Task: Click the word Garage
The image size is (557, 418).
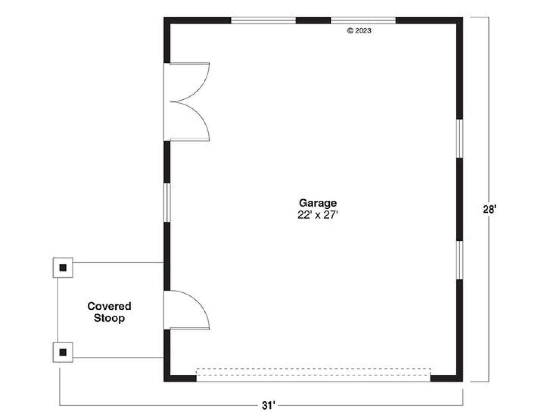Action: [317, 203]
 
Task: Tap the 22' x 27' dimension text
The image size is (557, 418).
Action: [317, 215]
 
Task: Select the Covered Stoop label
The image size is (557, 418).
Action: [109, 312]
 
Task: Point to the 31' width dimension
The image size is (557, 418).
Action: [268, 405]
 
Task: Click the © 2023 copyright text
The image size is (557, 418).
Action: [359, 31]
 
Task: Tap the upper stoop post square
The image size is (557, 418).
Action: [63, 268]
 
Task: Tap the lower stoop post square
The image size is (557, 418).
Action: [63, 352]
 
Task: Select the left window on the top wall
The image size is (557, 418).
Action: [264, 20]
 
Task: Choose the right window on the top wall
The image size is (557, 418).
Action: [363, 20]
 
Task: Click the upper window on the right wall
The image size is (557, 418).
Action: [460, 139]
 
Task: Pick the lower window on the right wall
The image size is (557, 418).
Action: [460, 260]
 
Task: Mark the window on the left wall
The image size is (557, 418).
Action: [167, 202]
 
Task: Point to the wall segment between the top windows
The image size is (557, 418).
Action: [313, 20]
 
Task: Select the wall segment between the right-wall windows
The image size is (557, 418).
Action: [460, 199]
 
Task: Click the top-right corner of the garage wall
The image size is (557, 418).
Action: [463, 17]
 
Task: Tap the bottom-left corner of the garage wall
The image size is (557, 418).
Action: [164, 381]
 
